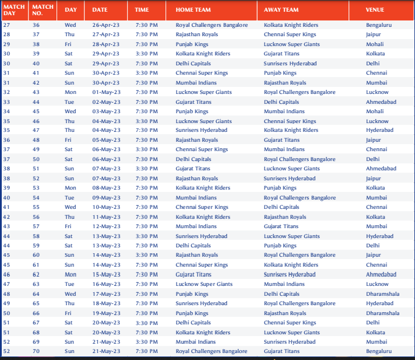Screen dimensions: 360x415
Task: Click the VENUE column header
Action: (x=375, y=10)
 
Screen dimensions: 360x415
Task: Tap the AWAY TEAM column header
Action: (x=281, y=10)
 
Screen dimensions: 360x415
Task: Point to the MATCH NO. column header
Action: (x=43, y=10)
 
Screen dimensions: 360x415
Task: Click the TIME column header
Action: (x=142, y=10)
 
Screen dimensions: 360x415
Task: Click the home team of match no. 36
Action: (x=212, y=25)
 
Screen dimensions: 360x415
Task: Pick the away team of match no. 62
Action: (x=290, y=274)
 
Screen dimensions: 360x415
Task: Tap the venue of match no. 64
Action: (x=382, y=294)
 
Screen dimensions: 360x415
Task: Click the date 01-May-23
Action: (x=106, y=92)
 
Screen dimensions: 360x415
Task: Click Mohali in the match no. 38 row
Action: (x=375, y=44)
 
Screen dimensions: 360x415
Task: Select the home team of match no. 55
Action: (x=202, y=207)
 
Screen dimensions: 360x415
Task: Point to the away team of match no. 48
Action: (x=281, y=140)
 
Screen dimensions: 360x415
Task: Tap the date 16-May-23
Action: (x=106, y=284)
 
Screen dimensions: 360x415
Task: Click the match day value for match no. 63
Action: (x=6, y=284)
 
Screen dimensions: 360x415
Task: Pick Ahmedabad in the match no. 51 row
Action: (x=381, y=169)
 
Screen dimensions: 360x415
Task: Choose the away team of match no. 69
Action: (x=290, y=342)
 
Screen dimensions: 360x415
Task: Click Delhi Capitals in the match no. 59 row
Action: (x=193, y=246)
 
